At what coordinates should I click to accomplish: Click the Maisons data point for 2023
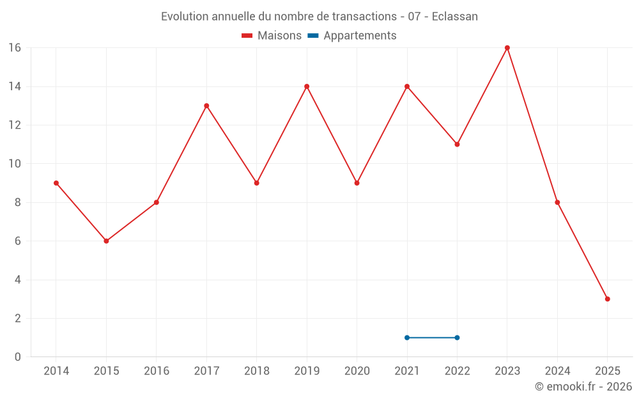point(507,48)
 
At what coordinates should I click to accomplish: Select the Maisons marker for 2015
point(106,241)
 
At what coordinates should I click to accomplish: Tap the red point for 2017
point(206,106)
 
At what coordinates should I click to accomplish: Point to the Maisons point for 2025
point(607,299)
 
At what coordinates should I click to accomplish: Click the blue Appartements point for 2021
point(407,337)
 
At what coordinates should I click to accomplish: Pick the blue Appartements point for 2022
point(457,337)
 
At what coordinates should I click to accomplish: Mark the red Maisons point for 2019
point(307,86)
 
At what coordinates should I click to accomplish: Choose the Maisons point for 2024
point(557,202)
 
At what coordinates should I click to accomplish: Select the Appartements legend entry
point(352,36)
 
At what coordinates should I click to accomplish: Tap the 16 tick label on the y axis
point(15,48)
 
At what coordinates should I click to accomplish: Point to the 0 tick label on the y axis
point(18,357)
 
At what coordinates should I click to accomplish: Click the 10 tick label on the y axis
point(15,164)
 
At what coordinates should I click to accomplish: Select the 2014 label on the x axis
point(56,371)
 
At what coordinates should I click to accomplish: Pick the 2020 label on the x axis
point(357,371)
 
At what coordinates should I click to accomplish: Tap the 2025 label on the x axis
point(607,371)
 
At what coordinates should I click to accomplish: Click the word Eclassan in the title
point(454,17)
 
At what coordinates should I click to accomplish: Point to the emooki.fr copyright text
point(583,387)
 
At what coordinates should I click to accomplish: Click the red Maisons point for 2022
point(457,144)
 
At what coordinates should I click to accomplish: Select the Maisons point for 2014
point(56,183)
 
